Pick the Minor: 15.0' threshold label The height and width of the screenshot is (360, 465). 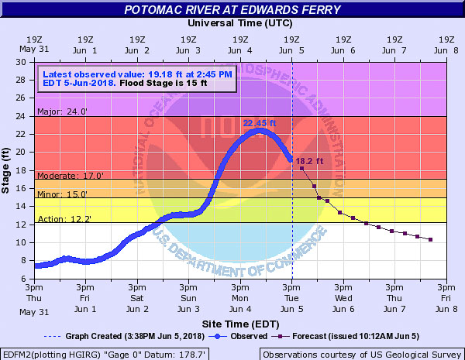(61, 194)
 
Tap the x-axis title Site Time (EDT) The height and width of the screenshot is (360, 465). (240, 322)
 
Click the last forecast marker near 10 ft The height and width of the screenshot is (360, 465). (430, 239)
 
